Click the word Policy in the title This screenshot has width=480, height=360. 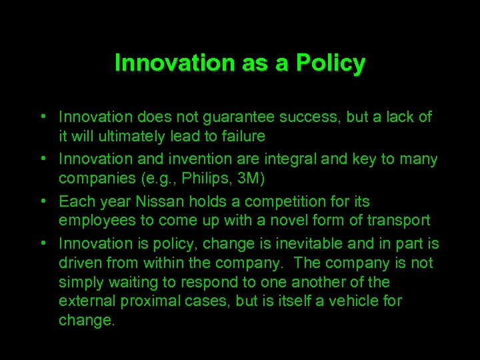tap(331, 63)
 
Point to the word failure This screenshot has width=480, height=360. tap(243, 137)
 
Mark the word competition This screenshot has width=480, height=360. tap(283, 201)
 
